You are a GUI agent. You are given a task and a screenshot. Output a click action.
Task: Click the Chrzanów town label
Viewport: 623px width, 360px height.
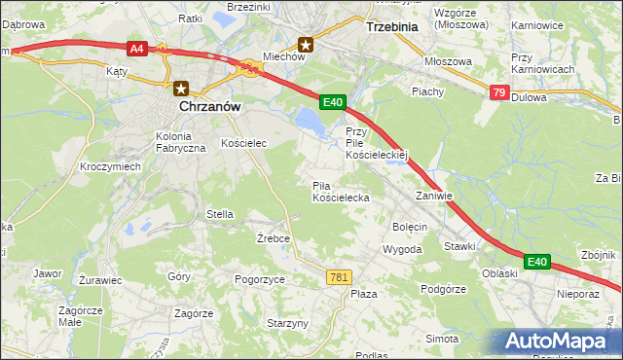pos(209,108)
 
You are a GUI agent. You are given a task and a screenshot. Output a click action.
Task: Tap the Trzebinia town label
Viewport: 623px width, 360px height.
pos(390,27)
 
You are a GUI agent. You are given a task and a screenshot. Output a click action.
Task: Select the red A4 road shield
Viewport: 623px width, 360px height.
pos(136,46)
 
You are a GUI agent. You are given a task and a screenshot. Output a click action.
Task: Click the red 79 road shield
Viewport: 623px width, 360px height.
pos(499,92)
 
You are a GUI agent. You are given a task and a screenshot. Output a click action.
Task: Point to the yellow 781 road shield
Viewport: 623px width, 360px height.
pos(338,277)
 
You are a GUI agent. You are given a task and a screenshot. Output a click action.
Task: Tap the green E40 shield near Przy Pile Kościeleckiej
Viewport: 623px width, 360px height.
pos(333,101)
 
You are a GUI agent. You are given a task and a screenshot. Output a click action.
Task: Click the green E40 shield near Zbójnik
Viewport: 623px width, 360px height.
pos(537,261)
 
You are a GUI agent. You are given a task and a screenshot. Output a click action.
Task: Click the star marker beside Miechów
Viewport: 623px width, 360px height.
pos(307,44)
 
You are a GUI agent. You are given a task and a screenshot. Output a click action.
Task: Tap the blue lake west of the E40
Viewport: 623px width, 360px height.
pos(309,121)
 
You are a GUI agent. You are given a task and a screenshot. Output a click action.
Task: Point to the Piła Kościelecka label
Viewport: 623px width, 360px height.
pos(340,192)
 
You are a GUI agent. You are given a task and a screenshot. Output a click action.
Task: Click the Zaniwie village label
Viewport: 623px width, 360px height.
pos(434,195)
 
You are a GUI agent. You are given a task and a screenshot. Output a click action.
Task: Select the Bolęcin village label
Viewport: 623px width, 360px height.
pos(410,226)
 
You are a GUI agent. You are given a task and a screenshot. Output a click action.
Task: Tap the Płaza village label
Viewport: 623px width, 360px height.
pos(363,293)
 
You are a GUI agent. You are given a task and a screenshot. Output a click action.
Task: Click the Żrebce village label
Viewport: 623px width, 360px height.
pos(274,238)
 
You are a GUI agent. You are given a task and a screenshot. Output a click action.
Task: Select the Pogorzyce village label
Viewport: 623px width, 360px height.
pos(259,278)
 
